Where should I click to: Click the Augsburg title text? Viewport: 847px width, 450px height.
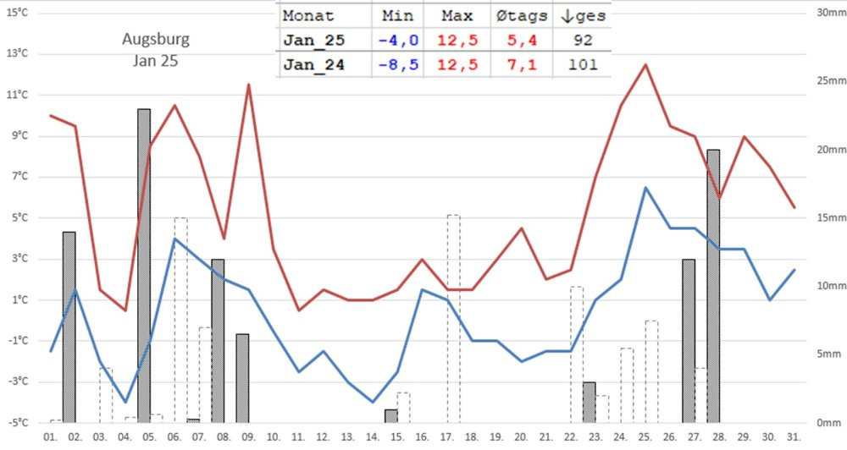[x=155, y=39]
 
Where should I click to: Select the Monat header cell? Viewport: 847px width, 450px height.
[x=308, y=16]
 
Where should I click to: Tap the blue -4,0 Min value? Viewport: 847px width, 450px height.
[x=398, y=40]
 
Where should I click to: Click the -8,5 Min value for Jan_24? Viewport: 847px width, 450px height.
[x=398, y=64]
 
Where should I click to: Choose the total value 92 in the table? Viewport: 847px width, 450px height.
[x=582, y=40]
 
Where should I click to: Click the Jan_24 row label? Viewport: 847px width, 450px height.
[x=313, y=64]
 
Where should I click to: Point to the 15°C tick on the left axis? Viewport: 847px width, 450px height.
[x=17, y=13]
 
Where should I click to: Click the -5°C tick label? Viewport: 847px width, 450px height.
[x=17, y=423]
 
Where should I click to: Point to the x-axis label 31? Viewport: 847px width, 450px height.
[x=794, y=436]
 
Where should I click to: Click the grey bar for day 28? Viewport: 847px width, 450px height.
[x=713, y=288]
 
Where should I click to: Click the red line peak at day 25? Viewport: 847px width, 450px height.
[x=645, y=64]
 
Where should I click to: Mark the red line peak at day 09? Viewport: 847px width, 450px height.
[x=248, y=85]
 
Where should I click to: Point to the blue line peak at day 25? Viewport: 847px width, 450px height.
[x=645, y=188]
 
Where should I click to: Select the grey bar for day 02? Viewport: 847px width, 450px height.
[x=69, y=326]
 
